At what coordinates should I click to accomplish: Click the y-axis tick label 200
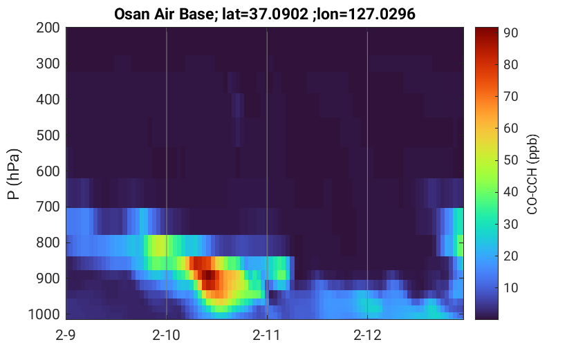48,28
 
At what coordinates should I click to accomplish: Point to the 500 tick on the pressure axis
48,135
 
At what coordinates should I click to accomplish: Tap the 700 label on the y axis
48,207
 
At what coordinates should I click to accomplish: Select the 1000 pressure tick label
44,314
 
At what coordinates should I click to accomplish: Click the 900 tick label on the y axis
48,278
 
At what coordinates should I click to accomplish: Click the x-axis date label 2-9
66,335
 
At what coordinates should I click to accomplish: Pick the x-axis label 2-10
166,335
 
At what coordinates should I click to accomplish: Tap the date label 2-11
267,335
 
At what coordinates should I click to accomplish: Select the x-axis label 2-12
367,335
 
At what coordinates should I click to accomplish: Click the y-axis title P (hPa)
14,174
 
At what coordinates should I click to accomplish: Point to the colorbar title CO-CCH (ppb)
532,174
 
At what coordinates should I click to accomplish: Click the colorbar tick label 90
510,33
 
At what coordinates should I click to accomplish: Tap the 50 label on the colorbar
510,160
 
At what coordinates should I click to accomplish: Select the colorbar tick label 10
510,287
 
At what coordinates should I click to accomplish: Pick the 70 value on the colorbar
510,97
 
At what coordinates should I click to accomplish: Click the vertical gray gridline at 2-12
367,173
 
